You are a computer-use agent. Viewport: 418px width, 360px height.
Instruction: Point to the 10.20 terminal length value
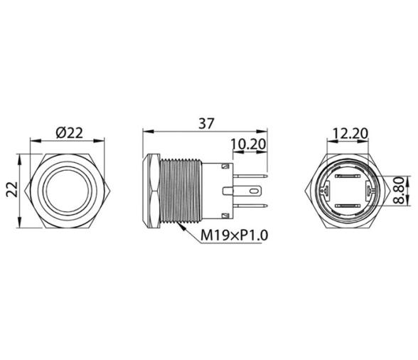248,144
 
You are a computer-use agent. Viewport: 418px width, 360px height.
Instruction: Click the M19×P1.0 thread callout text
223,235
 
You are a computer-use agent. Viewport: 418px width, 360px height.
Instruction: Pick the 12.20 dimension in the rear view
349,134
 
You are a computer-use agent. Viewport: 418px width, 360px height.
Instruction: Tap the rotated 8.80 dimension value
402,191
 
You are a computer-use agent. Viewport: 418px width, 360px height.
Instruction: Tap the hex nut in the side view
152,190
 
